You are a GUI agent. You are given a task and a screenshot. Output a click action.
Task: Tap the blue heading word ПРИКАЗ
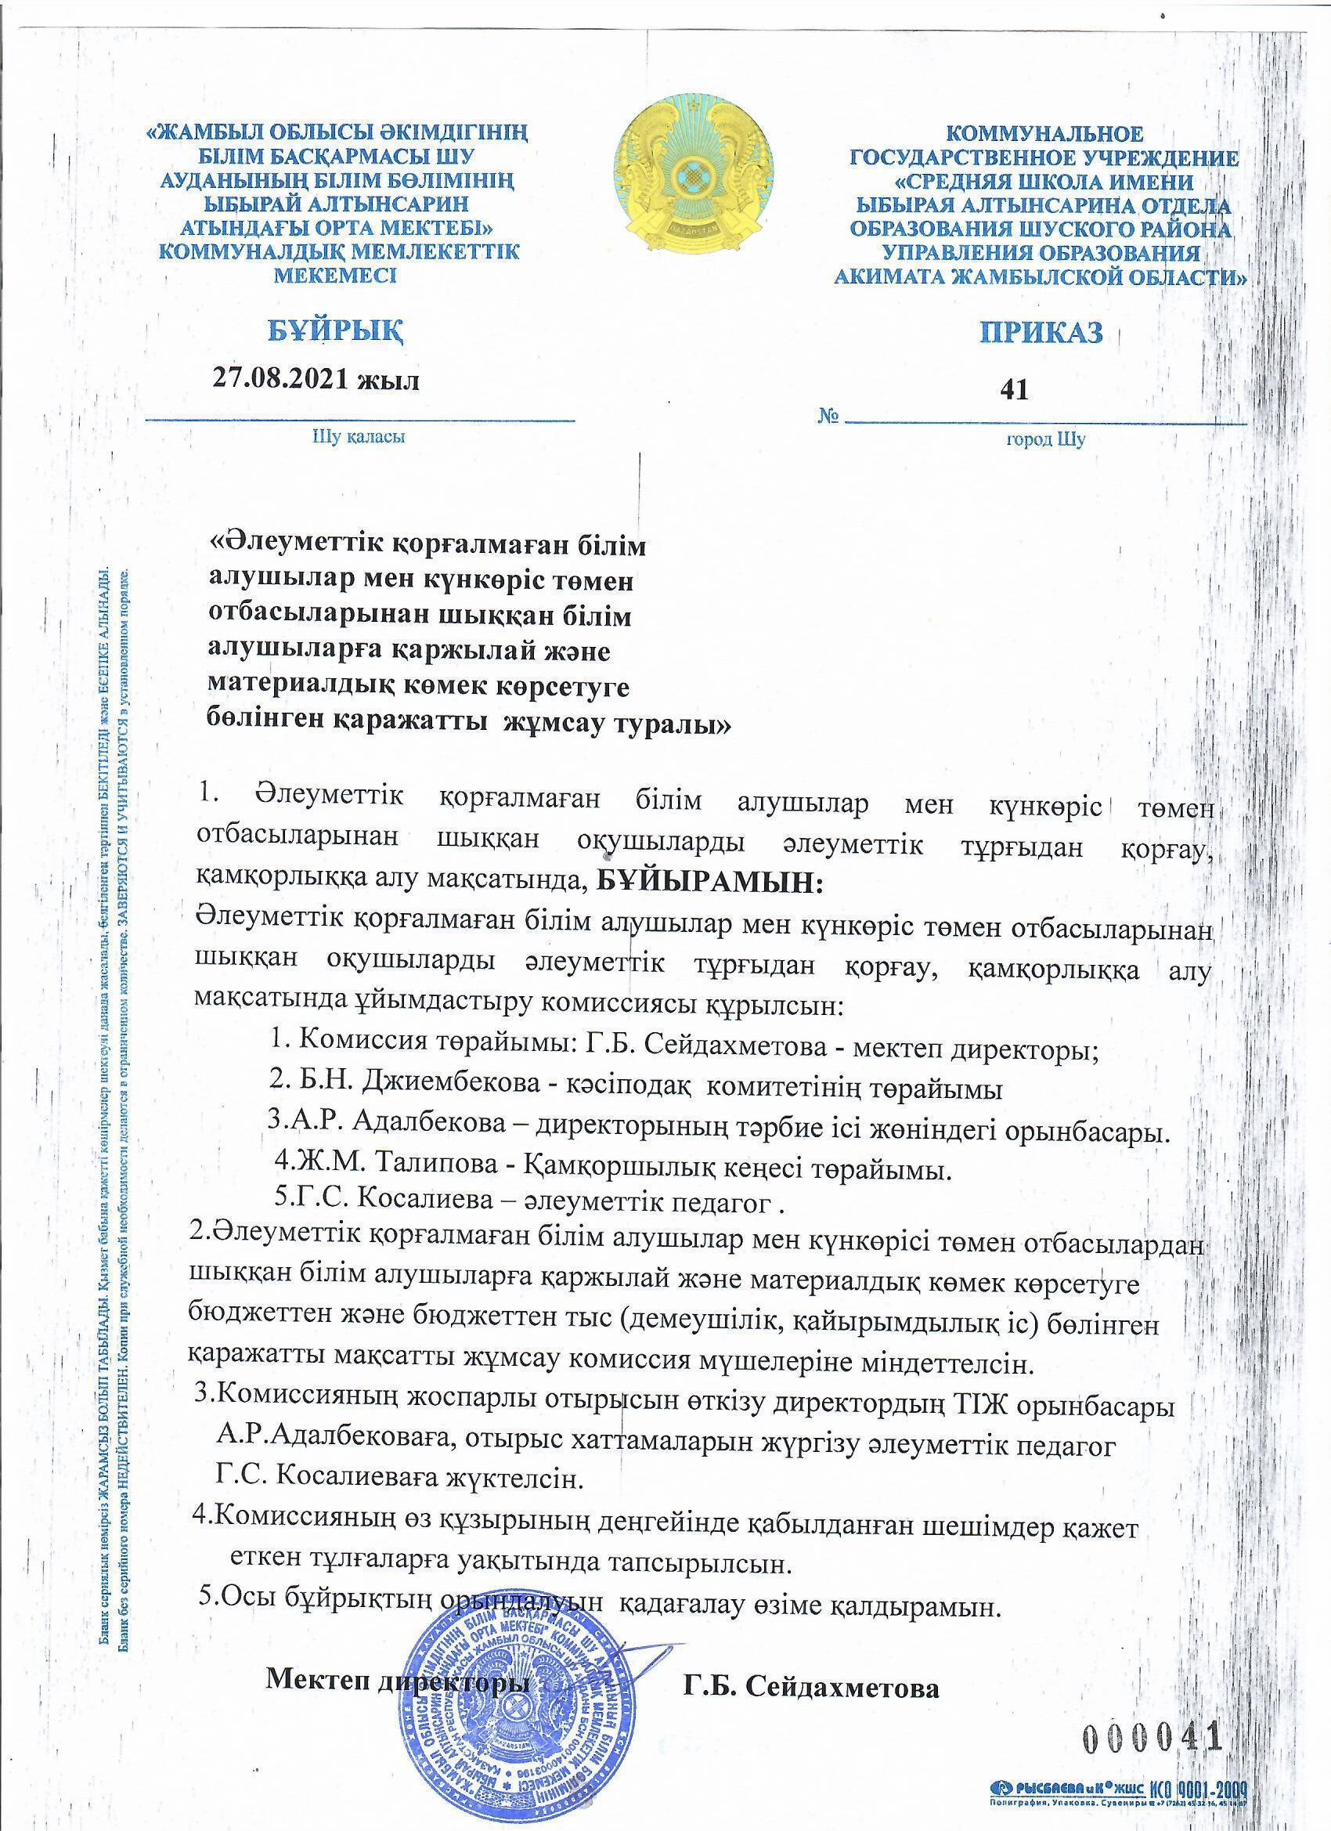pos(1042,332)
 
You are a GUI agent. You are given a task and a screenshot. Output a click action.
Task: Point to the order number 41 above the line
pos(1014,390)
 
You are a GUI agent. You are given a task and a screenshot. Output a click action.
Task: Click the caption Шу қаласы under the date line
pos(358,438)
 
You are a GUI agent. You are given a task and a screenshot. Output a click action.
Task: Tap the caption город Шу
pos(1045,439)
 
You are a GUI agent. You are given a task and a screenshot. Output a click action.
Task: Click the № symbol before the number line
pos(829,417)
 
